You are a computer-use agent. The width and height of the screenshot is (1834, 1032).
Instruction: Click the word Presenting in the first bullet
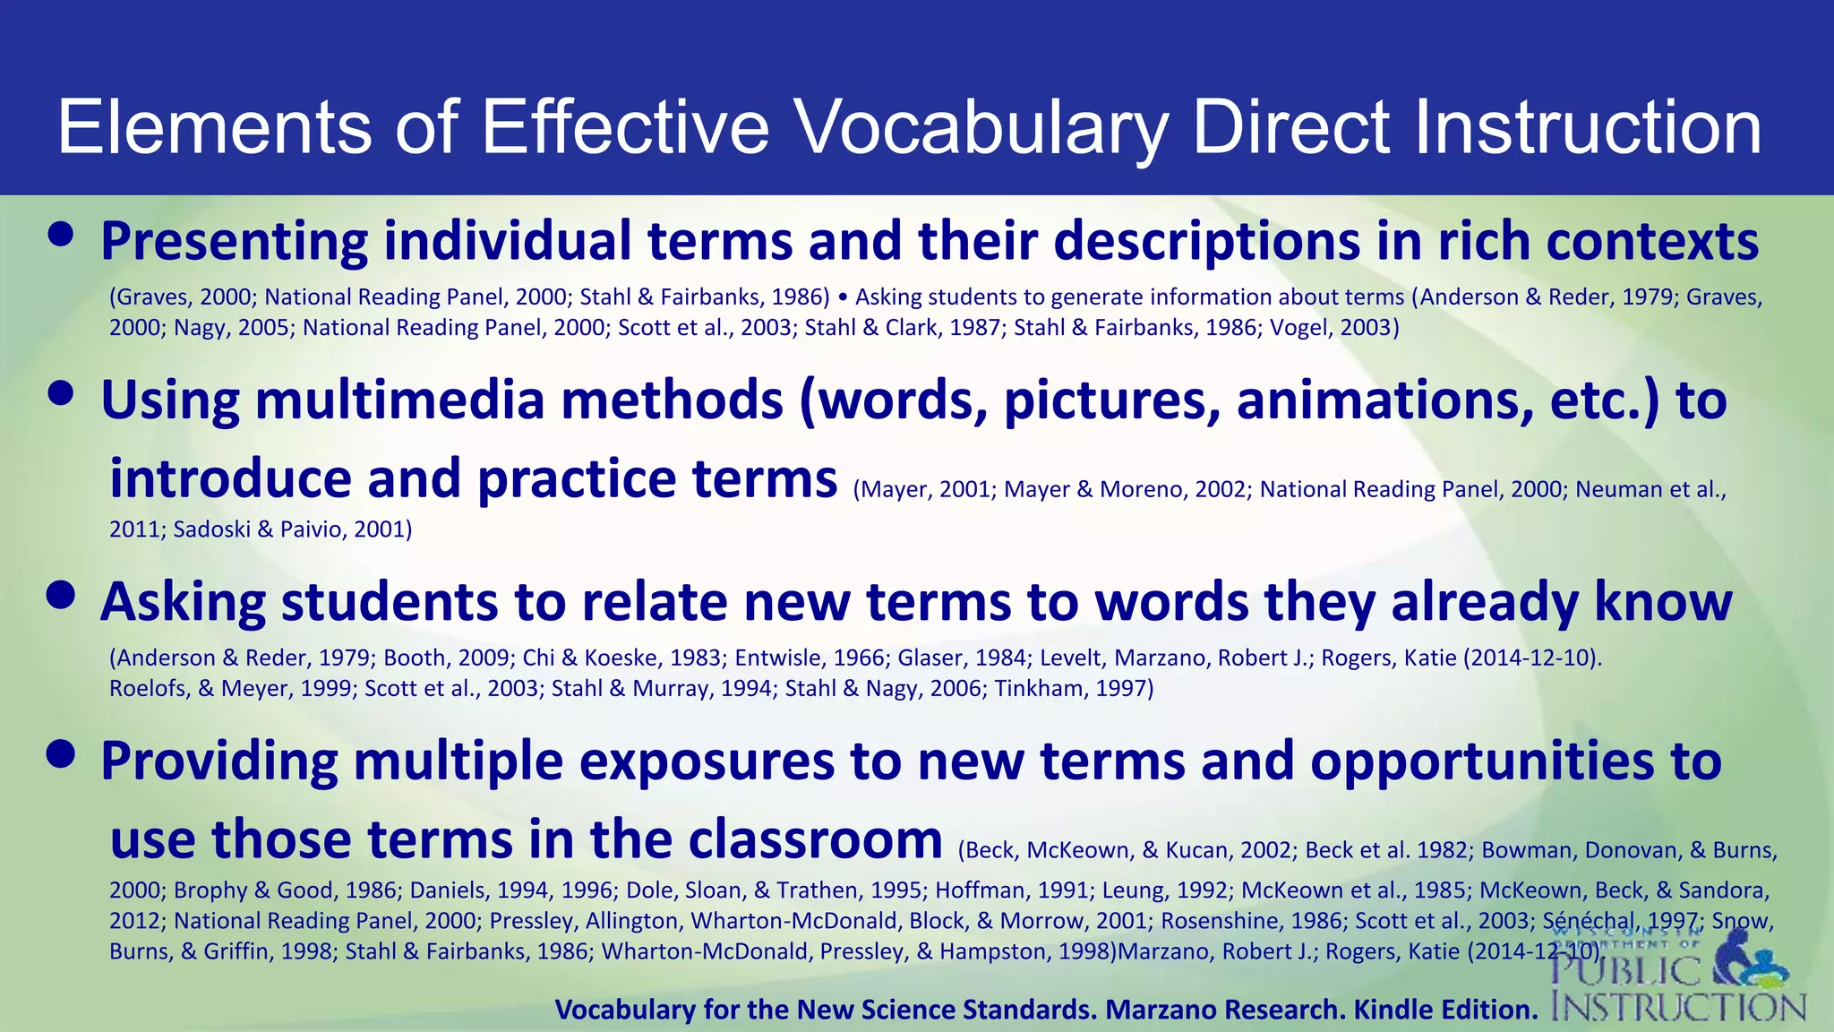234,242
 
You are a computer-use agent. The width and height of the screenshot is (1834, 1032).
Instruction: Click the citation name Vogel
1298,328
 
